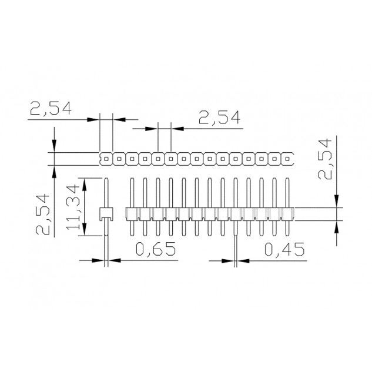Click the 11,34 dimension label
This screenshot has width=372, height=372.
click(x=72, y=207)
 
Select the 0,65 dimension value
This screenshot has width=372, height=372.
click(x=156, y=249)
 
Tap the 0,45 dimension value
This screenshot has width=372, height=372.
click(x=284, y=249)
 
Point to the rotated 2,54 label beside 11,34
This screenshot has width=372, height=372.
click(x=43, y=215)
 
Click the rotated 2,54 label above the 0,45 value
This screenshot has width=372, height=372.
click(x=324, y=159)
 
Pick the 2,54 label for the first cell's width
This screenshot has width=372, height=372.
click(x=51, y=108)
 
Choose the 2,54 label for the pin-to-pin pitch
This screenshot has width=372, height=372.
click(x=219, y=118)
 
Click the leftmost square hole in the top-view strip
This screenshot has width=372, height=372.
click(x=106, y=159)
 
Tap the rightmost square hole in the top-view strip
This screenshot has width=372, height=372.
click(x=287, y=159)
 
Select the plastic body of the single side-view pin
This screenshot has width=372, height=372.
click(x=106, y=214)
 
